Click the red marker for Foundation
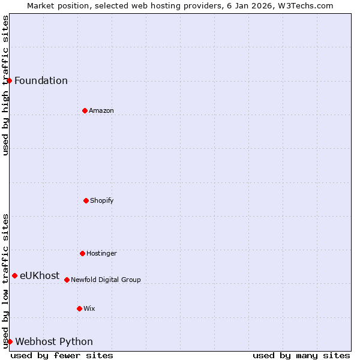pos(9,80)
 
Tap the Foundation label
pos(41,81)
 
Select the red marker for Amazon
pos(85,110)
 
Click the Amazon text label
pos(101,110)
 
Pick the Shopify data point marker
pos(86,200)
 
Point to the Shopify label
pos(102,200)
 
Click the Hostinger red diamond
pos(82,253)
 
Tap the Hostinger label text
pos(101,253)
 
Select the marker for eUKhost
pos(14,275)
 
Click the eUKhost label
pos(40,276)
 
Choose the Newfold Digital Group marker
pos(67,280)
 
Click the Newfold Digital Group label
pos(106,280)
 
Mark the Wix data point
pos(79,308)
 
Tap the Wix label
pos(89,308)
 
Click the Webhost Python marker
pos(10,341)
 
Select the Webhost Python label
pos(54,342)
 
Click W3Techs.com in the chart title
pos(305,5)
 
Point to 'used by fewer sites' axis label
pos(62,355)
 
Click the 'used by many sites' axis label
pos(301,355)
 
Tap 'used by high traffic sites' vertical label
pos(5,85)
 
